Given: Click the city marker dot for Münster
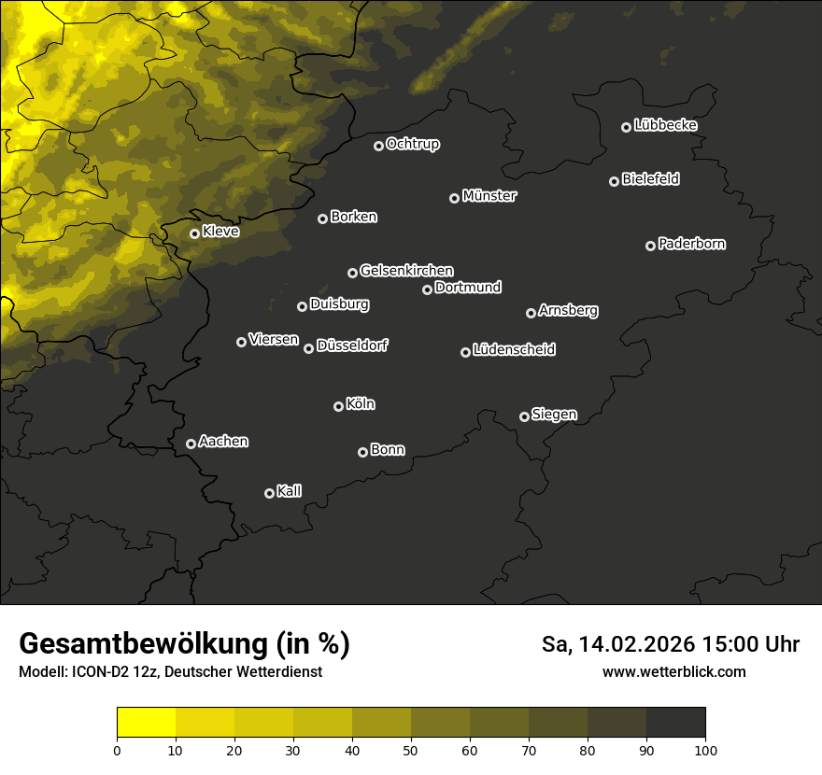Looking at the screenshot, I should (455, 198).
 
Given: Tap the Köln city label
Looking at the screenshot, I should (361, 404).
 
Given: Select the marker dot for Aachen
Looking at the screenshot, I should (191, 444).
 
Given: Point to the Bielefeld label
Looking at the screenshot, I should (650, 179).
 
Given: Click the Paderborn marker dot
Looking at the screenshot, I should (651, 246).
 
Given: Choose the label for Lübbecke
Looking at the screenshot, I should (665, 125).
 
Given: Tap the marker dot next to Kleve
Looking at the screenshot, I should (195, 233).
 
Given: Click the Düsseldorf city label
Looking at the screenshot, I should (352, 345).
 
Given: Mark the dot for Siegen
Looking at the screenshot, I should (524, 416).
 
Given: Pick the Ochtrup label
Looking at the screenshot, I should (412, 144).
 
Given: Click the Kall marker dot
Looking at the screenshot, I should (270, 493).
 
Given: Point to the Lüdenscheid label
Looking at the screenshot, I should (514, 350).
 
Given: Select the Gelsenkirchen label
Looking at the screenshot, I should (406, 271).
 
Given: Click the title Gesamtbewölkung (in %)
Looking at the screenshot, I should (184, 643).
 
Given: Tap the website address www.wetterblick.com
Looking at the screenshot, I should (673, 671).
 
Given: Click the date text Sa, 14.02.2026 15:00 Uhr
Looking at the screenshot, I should (671, 644).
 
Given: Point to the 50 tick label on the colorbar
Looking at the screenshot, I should (411, 750).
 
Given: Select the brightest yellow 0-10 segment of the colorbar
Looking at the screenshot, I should (147, 723).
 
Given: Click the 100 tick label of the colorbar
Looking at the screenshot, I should (705, 750).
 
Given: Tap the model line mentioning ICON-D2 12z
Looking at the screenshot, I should (170, 671).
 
